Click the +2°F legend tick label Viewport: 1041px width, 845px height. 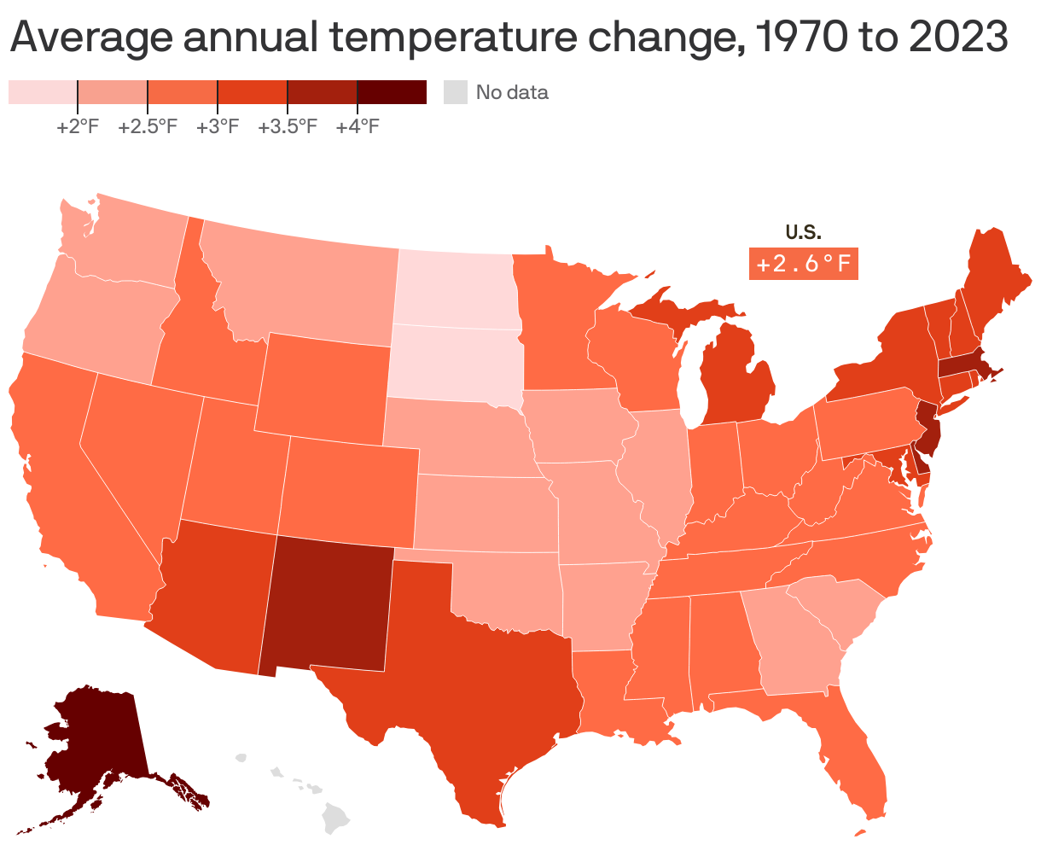tap(78, 127)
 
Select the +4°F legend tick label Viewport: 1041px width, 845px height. tap(357, 127)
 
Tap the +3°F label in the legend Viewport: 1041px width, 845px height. tap(217, 127)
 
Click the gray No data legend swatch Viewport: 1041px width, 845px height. tap(457, 92)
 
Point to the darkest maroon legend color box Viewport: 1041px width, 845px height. tap(392, 92)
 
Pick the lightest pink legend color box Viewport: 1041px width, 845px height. tap(43, 92)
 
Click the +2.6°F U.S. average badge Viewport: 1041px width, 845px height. tap(803, 264)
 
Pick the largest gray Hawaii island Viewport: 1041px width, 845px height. tap(338, 818)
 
